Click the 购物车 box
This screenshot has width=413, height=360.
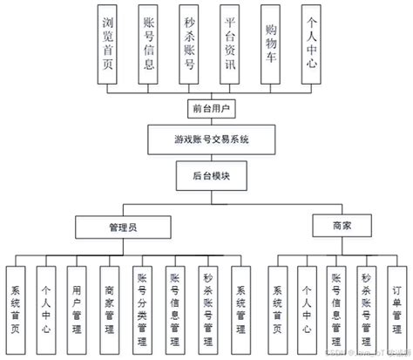[x=271, y=44]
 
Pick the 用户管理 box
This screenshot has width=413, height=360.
[x=78, y=304]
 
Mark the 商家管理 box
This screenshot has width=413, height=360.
[x=109, y=304]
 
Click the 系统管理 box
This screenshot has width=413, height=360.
[x=240, y=304]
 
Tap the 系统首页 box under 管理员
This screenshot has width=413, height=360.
[x=15, y=304]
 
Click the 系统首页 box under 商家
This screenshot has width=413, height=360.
[x=277, y=304]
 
